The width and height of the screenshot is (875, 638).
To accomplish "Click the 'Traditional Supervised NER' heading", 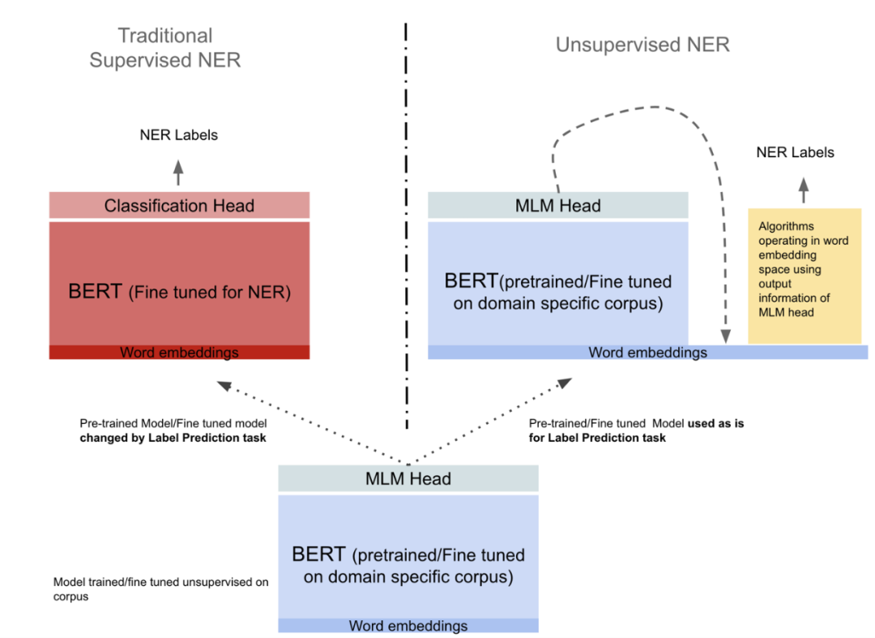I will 164,48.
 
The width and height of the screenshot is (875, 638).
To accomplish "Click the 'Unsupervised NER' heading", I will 642,45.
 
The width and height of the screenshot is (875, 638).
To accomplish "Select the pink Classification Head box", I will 179,206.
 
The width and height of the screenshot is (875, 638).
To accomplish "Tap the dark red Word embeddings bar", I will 179,353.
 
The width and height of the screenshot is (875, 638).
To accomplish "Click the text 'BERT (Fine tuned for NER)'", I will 179,292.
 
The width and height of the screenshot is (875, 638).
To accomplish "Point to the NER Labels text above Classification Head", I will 178,135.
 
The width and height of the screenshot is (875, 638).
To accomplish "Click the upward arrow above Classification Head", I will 179,173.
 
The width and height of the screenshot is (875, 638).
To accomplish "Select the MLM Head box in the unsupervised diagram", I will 557,206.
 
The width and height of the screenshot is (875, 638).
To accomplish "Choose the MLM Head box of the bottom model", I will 408,478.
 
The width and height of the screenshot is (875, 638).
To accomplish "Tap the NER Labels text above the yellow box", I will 795,152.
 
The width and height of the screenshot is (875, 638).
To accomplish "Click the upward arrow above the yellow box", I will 804,190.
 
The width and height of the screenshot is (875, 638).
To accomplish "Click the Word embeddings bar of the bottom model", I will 408,626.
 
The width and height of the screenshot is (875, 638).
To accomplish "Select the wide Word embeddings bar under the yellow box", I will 647,353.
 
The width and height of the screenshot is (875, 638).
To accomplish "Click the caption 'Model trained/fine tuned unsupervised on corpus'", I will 160,589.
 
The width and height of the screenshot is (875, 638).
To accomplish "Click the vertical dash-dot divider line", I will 406,227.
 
